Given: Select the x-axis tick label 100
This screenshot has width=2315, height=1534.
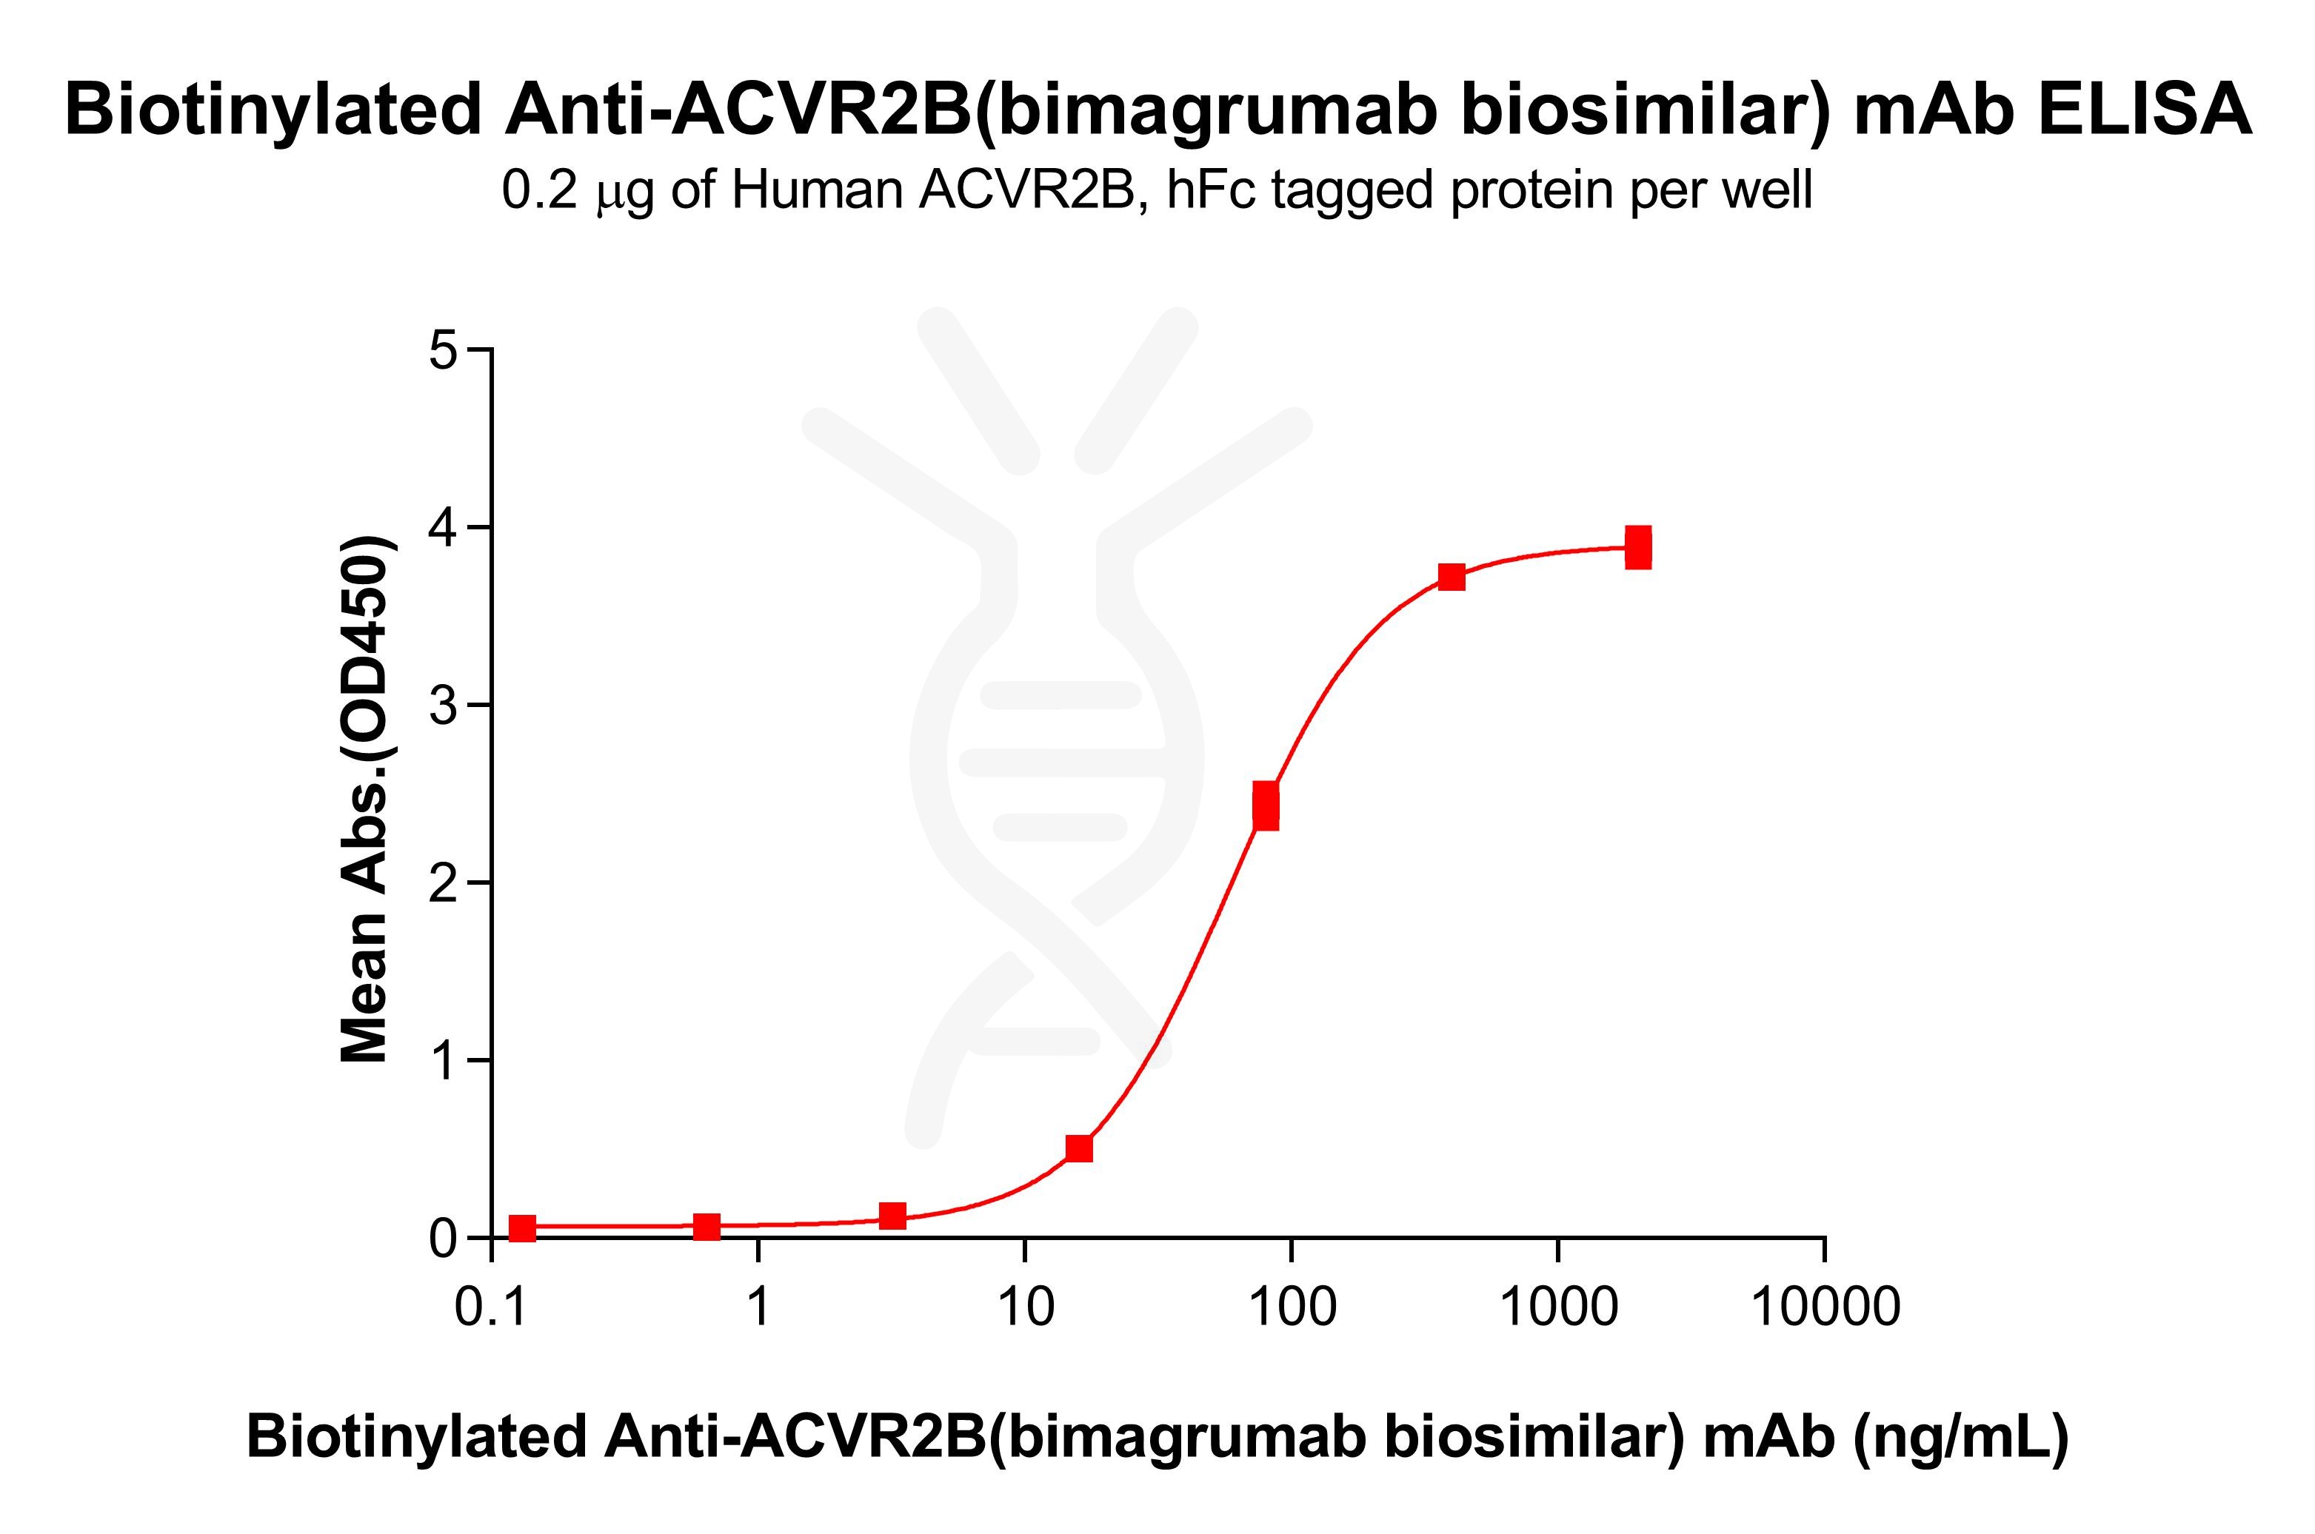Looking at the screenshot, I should pyautogui.click(x=1292, y=1306).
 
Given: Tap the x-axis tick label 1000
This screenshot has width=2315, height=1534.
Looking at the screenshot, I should pyautogui.click(x=1559, y=1306).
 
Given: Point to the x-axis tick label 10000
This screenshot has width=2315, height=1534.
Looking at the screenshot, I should pyautogui.click(x=1825, y=1306).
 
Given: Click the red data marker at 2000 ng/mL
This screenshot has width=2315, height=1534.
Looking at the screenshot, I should pyautogui.click(x=1639, y=548).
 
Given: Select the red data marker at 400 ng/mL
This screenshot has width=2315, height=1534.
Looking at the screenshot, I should pyautogui.click(x=1452, y=577).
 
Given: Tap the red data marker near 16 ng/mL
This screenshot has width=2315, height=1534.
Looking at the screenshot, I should pyautogui.click(x=1079, y=1148).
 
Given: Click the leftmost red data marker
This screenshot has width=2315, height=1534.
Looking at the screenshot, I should pyautogui.click(x=523, y=1227).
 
